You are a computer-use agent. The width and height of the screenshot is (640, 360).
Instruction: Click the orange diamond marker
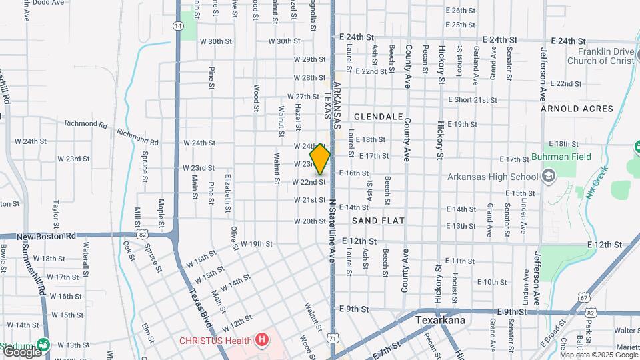(x=320, y=159)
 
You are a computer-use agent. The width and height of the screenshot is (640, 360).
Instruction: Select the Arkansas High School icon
(x=549, y=177)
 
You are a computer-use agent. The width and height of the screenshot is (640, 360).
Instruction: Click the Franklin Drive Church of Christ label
(x=601, y=56)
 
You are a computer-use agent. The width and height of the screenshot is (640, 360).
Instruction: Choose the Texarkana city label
(x=439, y=320)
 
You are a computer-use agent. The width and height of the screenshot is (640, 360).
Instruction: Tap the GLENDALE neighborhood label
(x=378, y=116)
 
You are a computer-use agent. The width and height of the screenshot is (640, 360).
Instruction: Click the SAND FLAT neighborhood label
(x=378, y=220)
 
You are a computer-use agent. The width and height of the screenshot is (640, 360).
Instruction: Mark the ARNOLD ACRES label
(x=577, y=108)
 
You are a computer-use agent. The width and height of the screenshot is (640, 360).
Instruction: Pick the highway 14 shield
(x=177, y=25)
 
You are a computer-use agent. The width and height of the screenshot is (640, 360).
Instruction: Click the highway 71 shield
(x=332, y=339)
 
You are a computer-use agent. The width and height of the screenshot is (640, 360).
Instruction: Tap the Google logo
(x=21, y=350)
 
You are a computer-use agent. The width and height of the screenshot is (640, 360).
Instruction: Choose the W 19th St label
(x=253, y=244)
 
